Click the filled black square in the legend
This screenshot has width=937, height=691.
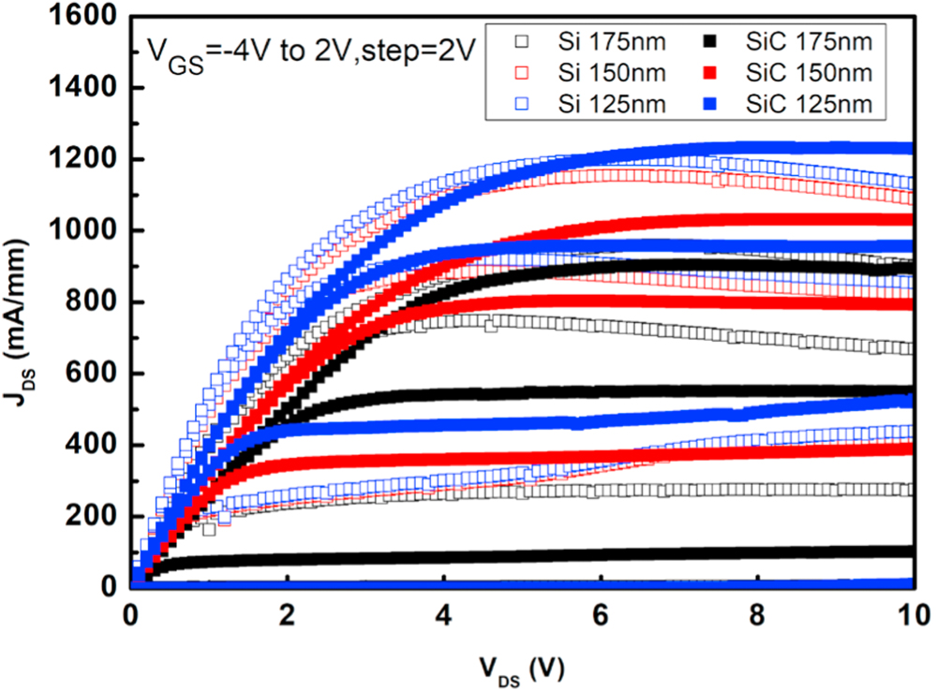click(x=712, y=42)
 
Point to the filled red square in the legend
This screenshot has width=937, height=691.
click(x=712, y=73)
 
